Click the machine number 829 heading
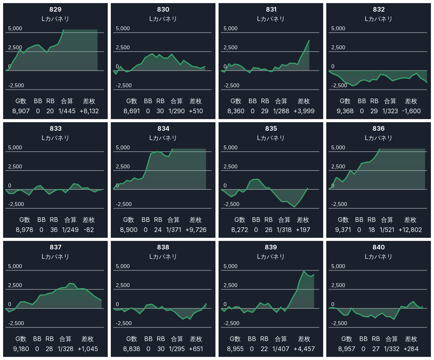55,9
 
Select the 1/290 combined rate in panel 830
177,111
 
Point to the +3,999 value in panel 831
303,111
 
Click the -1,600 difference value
411,111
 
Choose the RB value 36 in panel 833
54,230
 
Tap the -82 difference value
89,230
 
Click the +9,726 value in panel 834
196,230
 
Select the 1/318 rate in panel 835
284,230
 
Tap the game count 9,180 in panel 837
21,349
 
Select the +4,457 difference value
304,349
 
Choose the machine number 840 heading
379,247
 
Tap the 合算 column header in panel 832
390,101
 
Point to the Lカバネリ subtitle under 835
271,138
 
